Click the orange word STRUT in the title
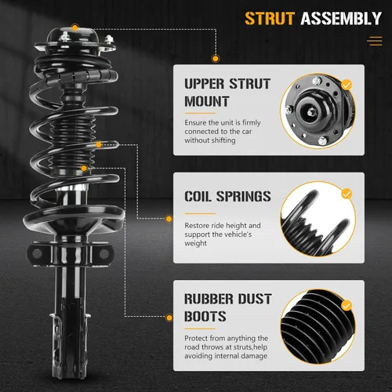[270, 19]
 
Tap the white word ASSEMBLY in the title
[341, 19]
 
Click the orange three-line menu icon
[375, 41]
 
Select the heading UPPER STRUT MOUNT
[227, 93]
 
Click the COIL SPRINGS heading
[227, 196]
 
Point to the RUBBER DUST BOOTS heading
[228, 307]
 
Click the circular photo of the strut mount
[318, 111]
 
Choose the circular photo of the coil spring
[318, 219]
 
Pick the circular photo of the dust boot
[318, 327]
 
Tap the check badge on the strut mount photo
[347, 85]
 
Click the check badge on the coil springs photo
[347, 194]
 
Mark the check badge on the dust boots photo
[347, 305]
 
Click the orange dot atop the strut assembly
[75, 27]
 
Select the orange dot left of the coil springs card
[169, 219]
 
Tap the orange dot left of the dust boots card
[169, 318]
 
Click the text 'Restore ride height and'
[223, 225]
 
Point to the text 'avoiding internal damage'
[226, 356]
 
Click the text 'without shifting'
[210, 140]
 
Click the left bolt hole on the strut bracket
[37, 253]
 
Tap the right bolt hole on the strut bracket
[104, 253]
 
